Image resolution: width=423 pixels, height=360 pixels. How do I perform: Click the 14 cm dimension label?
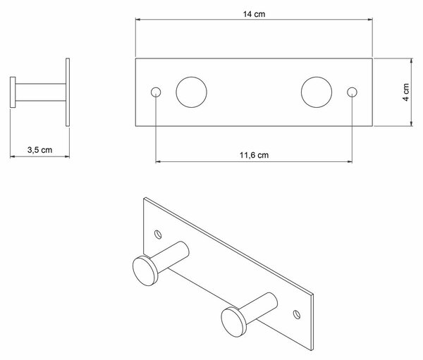pyautogui.click(x=254, y=14)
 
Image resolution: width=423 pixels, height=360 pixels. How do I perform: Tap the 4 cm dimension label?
pyautogui.click(x=406, y=92)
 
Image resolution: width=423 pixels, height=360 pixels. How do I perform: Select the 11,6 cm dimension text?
pyautogui.click(x=254, y=155)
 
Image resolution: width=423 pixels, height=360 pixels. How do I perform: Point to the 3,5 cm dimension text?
pyautogui.click(x=39, y=150)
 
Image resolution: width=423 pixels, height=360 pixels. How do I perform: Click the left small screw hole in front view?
pyautogui.click(x=156, y=92)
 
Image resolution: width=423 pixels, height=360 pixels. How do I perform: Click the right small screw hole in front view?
pyautogui.click(x=352, y=92)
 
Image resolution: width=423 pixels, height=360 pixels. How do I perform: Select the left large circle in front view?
pyautogui.click(x=192, y=92)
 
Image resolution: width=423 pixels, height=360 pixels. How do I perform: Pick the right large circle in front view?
pyautogui.click(x=317, y=92)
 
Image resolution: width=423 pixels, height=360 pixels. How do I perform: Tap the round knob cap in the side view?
pyautogui.click(x=13, y=92)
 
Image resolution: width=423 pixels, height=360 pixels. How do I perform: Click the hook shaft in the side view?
pyautogui.click(x=40, y=92)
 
